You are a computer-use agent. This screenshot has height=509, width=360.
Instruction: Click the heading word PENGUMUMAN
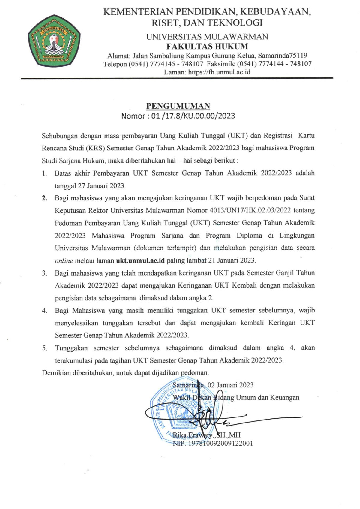tap(178, 106)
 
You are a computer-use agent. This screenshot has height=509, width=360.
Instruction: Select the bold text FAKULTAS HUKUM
tap(207, 46)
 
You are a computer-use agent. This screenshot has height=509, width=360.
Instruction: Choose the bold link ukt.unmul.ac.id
tap(140, 261)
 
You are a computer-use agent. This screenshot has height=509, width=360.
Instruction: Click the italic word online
tap(64, 261)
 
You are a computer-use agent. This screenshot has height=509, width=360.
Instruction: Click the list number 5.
tap(44, 348)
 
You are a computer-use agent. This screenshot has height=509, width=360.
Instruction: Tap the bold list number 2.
tap(45, 198)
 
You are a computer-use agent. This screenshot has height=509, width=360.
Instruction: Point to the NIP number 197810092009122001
tap(220, 443)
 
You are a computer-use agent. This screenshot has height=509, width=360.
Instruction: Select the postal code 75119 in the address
tap(298, 56)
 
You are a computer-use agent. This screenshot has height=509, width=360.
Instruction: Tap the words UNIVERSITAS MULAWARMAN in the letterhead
tap(207, 37)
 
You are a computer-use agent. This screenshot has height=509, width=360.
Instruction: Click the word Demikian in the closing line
tap(55, 373)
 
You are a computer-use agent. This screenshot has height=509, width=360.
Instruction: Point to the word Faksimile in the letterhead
tap(221, 64)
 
